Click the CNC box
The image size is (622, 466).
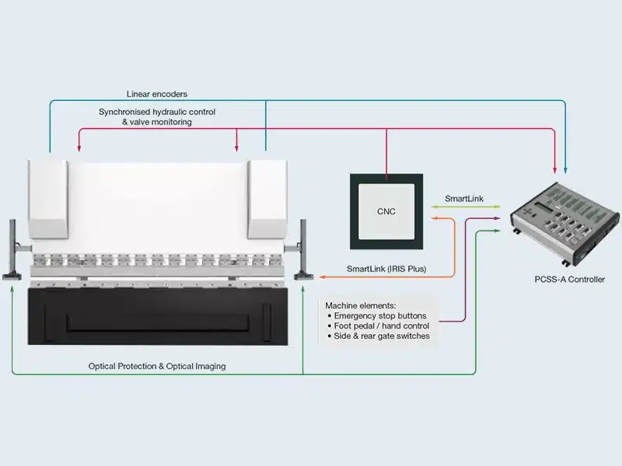click(386, 211)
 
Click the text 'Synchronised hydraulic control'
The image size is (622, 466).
click(156, 112)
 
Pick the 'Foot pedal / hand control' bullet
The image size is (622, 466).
click(382, 326)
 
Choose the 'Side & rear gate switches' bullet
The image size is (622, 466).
click(382, 336)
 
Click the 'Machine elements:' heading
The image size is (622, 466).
click(360, 305)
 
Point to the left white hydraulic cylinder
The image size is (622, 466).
click(47, 198)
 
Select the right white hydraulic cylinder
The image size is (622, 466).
click(267, 198)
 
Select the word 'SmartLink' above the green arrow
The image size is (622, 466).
click(463, 199)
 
